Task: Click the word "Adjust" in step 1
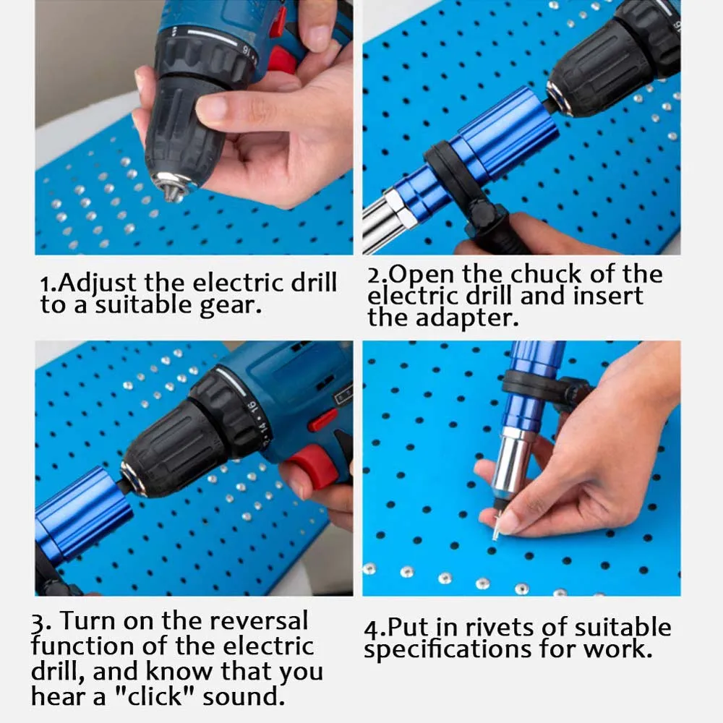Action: [x=100, y=283]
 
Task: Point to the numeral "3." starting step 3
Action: [x=40, y=621]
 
